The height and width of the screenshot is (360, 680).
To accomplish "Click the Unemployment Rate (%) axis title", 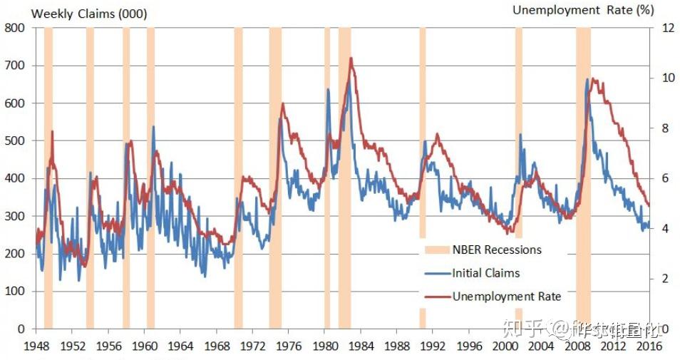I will (x=583, y=10).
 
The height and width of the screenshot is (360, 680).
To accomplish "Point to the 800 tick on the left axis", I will (x=14, y=28).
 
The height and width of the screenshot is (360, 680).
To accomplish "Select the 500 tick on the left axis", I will (x=14, y=140).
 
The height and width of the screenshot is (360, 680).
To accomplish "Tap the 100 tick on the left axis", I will (x=14, y=291).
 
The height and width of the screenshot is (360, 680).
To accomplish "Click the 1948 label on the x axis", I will (x=35, y=346).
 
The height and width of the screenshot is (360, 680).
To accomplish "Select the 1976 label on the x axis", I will (x=288, y=346).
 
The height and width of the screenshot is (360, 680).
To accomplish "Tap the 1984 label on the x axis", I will (x=361, y=346).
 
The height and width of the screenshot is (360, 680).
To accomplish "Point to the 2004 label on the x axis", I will (x=541, y=346).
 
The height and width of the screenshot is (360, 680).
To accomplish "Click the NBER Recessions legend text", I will (x=497, y=250).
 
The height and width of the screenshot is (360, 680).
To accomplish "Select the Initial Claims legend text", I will (x=486, y=273).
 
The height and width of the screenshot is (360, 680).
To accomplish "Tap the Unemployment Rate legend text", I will (x=507, y=297).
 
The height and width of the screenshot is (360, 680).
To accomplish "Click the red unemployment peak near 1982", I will (x=351, y=58).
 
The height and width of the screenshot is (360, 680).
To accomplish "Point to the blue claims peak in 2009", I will (x=587, y=79).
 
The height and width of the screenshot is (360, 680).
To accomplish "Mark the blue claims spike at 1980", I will (x=328, y=89).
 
